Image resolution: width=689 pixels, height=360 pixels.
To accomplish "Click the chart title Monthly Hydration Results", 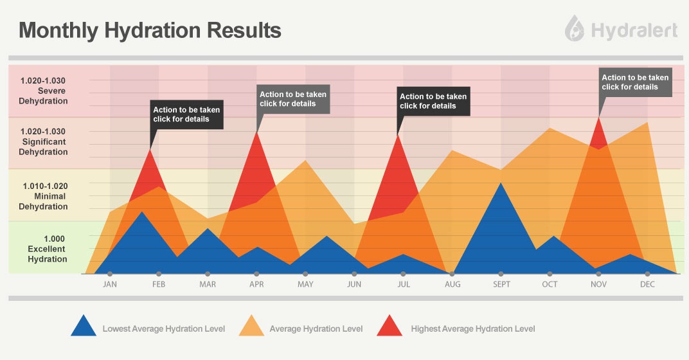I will click(x=150, y=30).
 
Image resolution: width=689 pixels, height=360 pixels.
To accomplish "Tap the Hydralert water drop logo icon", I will click(x=575, y=29).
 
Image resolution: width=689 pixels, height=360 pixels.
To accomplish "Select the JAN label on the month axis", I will click(x=110, y=284).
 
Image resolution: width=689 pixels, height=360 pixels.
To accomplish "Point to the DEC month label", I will click(x=647, y=284).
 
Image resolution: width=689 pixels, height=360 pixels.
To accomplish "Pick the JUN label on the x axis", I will click(x=354, y=284).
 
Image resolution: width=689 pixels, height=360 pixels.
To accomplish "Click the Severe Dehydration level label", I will click(x=44, y=91).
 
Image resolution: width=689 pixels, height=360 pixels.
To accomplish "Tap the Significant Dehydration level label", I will click(x=44, y=141).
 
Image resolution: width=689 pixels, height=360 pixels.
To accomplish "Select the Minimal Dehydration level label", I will click(x=44, y=196).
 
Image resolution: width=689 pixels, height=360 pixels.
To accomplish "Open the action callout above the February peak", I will click(x=187, y=114).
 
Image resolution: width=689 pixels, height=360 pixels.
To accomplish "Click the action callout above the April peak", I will click(x=293, y=98).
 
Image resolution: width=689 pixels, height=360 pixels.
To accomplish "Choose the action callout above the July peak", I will click(x=433, y=101).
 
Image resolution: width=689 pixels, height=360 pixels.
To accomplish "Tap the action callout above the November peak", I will click(x=635, y=82).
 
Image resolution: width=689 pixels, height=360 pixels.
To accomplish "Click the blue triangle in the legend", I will click(x=83, y=328).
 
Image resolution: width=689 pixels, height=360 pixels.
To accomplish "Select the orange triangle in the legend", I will click(x=251, y=328).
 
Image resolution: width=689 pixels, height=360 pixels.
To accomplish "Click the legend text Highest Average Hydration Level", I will click(x=473, y=329).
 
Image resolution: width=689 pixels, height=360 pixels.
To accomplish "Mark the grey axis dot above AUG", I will click(x=452, y=274).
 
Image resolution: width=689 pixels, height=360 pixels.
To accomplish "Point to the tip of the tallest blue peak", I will click(x=501, y=183).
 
